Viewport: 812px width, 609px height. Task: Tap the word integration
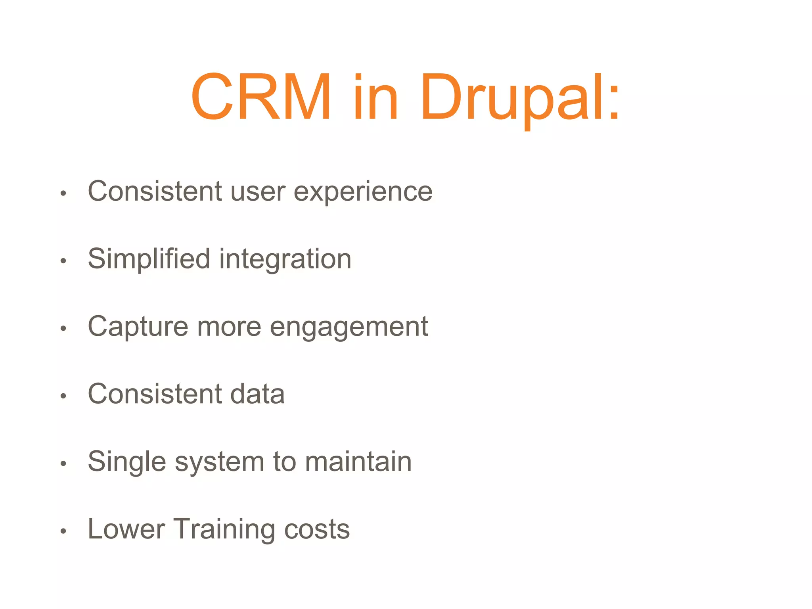tap(285, 260)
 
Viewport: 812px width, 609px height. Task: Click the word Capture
tap(138, 327)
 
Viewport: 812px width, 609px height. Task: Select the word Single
tap(126, 463)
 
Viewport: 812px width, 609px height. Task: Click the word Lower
tap(126, 529)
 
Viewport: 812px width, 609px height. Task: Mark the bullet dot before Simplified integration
tap(63, 261)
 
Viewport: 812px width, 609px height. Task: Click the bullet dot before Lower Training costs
tap(63, 531)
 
